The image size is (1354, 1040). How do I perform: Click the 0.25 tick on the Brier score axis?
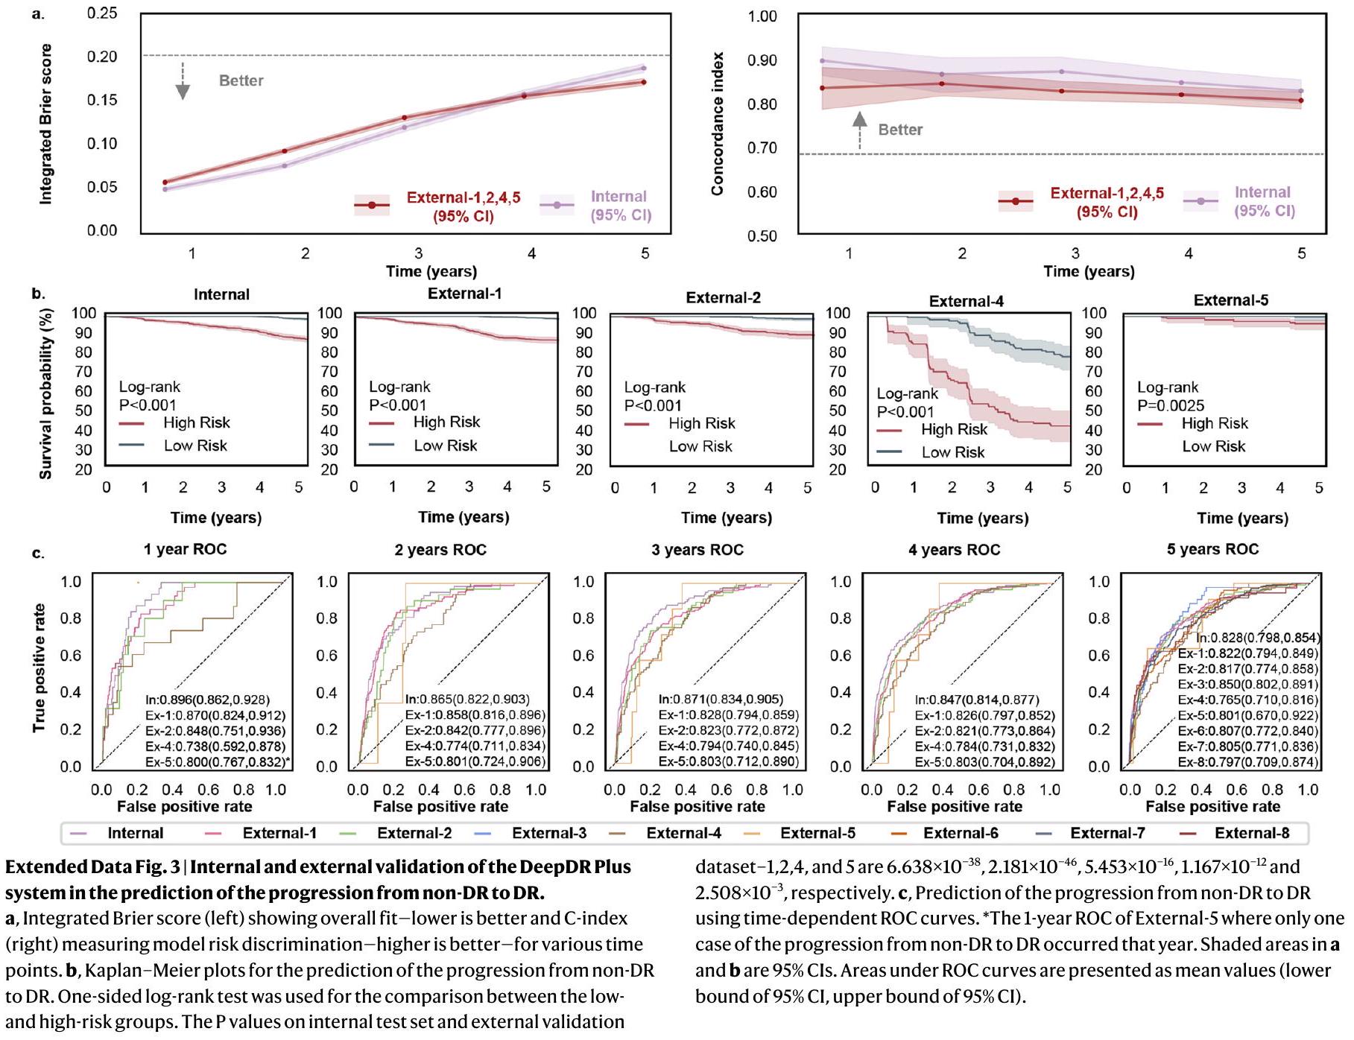tap(101, 13)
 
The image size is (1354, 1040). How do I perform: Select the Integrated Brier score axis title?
tap(45, 124)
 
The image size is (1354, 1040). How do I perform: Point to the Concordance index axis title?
tap(718, 124)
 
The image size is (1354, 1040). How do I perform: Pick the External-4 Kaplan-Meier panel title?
tap(966, 301)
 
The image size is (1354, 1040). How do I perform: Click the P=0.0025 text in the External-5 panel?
tap(1171, 405)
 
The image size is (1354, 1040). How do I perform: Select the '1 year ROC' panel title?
tap(185, 550)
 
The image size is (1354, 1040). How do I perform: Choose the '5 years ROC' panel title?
tap(1212, 550)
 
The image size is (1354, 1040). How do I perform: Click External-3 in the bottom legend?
tap(548, 833)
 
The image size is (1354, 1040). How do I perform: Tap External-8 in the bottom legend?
tap(1251, 833)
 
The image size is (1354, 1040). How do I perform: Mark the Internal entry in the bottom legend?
tap(135, 833)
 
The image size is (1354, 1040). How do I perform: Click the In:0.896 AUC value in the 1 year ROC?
tap(207, 700)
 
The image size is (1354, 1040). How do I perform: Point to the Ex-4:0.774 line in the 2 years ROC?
tap(475, 746)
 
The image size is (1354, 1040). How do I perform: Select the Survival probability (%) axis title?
tap(45, 393)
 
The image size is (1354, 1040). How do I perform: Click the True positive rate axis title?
tap(39, 668)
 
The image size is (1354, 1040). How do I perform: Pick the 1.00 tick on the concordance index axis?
tap(762, 16)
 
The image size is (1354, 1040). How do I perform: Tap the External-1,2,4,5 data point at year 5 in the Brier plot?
tap(643, 82)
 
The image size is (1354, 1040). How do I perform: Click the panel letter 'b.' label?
tap(38, 294)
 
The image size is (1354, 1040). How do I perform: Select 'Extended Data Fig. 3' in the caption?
tap(92, 867)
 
